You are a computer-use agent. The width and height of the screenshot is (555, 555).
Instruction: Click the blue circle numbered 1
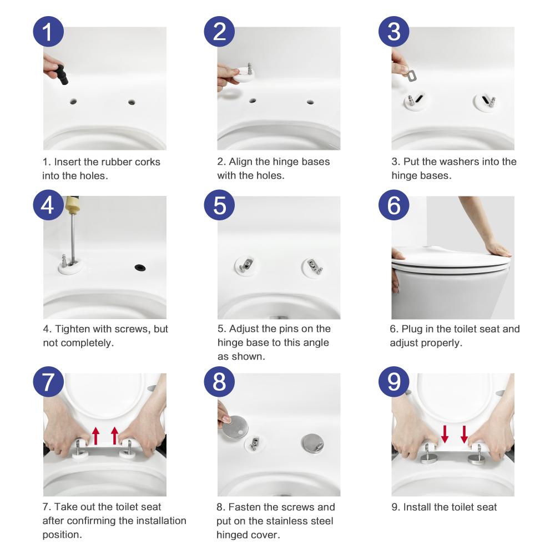(48, 32)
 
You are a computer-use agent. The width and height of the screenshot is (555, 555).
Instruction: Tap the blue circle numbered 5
(219, 205)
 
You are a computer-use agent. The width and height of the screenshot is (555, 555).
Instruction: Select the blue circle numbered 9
(394, 382)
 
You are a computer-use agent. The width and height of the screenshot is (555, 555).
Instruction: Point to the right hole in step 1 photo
(132, 102)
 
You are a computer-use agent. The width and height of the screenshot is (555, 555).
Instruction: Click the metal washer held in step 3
(412, 75)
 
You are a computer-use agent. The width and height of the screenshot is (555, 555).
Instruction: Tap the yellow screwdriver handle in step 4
(72, 205)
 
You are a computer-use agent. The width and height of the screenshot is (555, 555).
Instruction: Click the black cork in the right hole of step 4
(140, 268)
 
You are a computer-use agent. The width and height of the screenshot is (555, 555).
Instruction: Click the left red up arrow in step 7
(95, 436)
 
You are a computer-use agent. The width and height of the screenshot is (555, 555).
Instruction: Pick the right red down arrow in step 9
(464, 434)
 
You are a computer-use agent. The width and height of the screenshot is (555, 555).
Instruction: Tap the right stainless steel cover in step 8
(312, 443)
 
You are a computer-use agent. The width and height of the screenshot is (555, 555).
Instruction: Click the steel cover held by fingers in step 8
(234, 427)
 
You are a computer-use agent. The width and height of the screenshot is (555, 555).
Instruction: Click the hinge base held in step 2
(244, 73)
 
